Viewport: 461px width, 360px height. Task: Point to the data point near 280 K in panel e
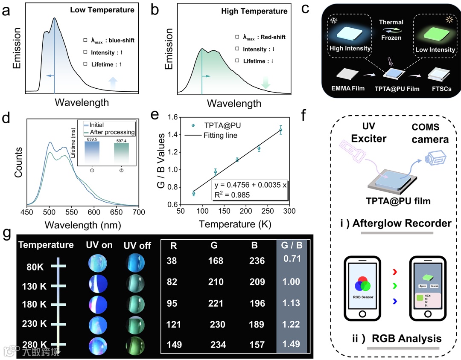(x=280, y=131)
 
